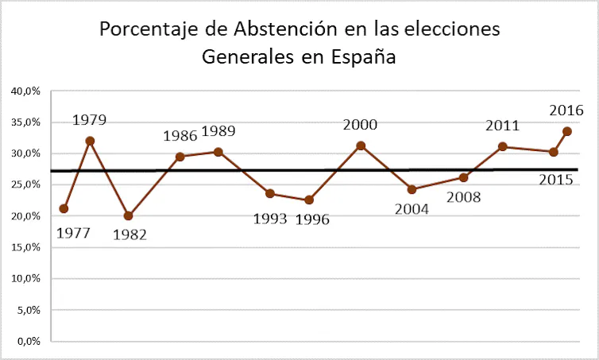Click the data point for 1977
point(64,208)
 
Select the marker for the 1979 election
point(90,141)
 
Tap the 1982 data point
point(129,215)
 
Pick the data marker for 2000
point(361,145)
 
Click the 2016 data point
point(567,131)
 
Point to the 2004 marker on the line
point(412,189)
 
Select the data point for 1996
point(309,200)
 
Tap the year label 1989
point(218,131)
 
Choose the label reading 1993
point(270,219)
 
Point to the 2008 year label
point(464,196)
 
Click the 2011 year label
point(502,126)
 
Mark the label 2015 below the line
point(556,180)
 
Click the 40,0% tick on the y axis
point(25,91)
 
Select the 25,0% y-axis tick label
point(25,184)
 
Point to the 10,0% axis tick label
point(25,279)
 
